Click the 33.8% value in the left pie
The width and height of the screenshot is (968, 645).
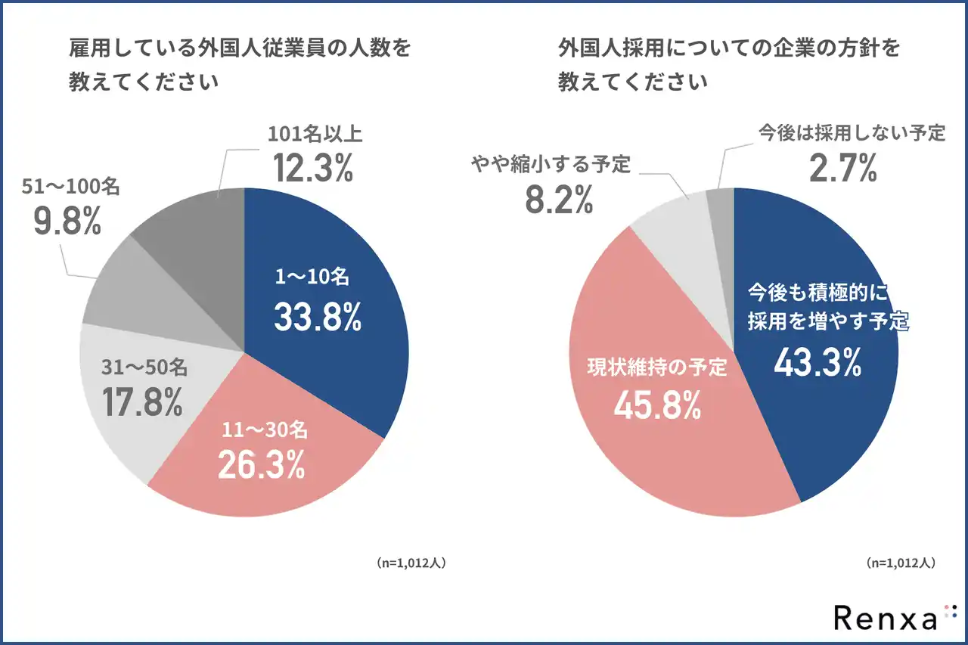pos(318,318)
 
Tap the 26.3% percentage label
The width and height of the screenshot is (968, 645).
pos(261,464)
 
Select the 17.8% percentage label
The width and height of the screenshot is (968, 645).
pos(143,402)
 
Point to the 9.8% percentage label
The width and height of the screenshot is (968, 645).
pos(67,220)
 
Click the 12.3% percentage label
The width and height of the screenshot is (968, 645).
pos(313,168)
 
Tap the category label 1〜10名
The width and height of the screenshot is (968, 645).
pos(312,278)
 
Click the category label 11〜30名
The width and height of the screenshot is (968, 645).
pos(265,430)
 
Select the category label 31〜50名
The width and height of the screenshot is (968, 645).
pos(144,368)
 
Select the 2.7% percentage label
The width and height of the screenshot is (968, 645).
pos(842,168)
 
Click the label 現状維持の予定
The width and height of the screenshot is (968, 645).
pos(657,368)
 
